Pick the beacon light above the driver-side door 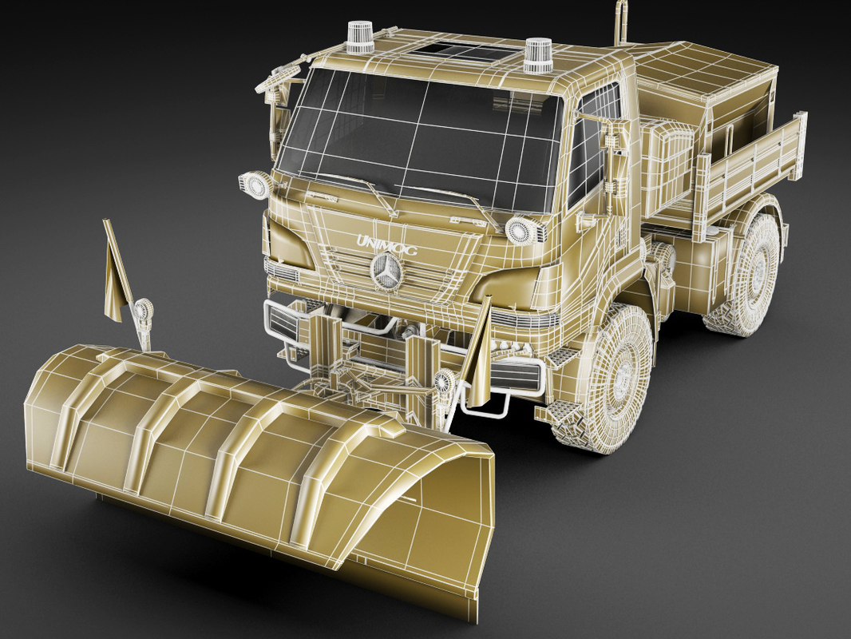[539, 55]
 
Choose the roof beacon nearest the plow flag [359, 38]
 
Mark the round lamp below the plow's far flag [144, 312]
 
